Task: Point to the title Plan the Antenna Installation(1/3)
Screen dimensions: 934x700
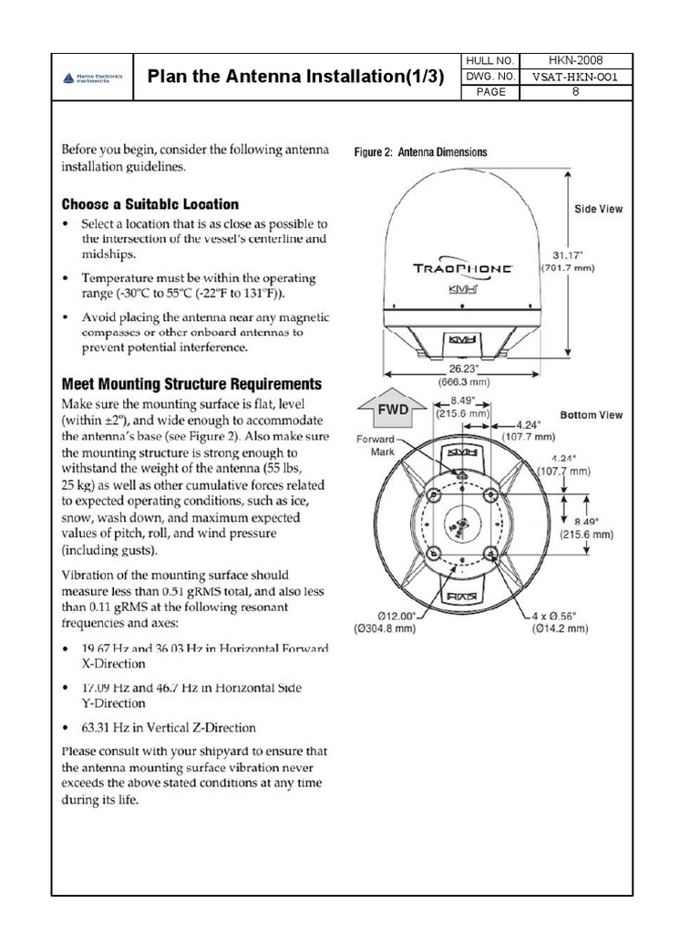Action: click(x=296, y=77)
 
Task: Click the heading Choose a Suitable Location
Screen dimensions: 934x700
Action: click(x=150, y=204)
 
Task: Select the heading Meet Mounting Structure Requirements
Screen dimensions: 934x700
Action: click(x=190, y=384)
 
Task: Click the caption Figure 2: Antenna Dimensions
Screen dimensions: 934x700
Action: click(x=420, y=152)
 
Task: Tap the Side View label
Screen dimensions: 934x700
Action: click(x=598, y=209)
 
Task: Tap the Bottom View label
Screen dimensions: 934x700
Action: click(x=592, y=415)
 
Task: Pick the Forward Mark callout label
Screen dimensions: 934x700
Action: click(x=376, y=445)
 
